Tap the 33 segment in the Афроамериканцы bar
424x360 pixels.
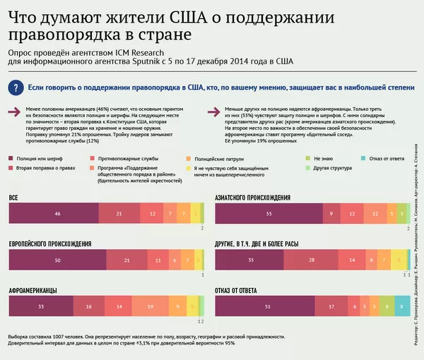[x=40, y=307]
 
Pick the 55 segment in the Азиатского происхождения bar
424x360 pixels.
[x=269, y=213]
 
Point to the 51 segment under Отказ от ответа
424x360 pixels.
[x=266, y=307]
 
